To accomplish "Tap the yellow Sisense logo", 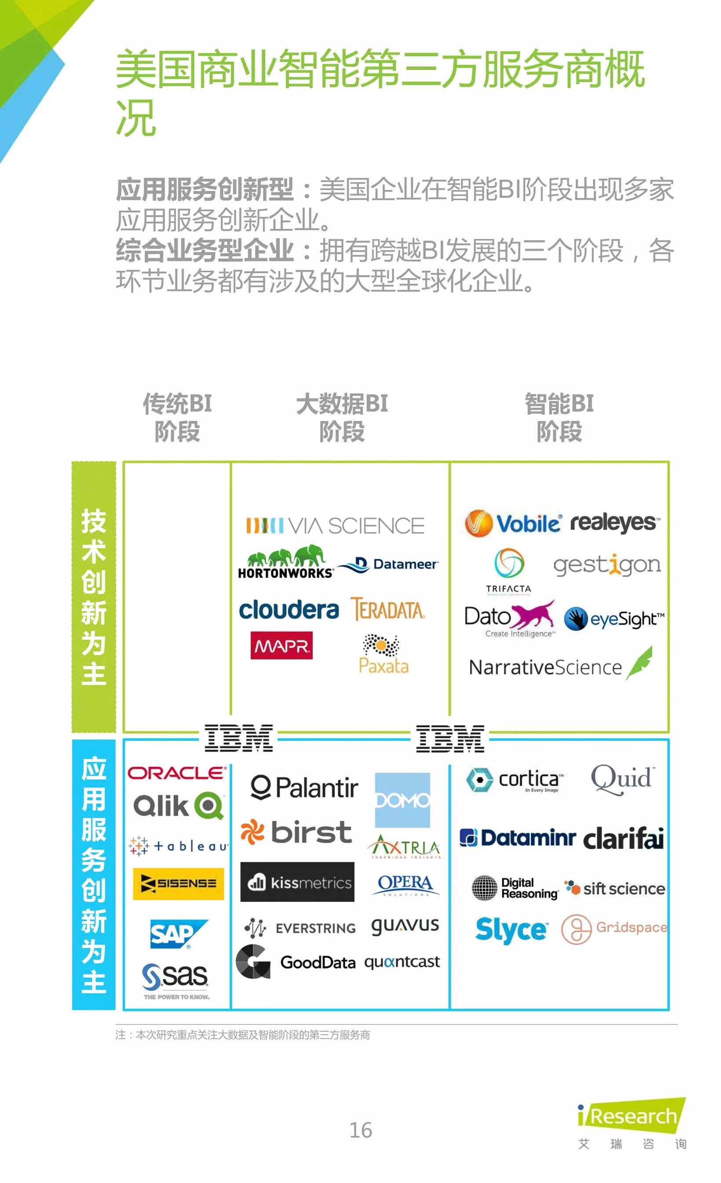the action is click(178, 883).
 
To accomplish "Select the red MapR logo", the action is click(281, 645).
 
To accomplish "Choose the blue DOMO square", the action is click(402, 800).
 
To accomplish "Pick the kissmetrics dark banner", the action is click(297, 882).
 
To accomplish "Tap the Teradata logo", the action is click(388, 609).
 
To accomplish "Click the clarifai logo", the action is click(623, 838).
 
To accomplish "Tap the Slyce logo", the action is click(511, 930).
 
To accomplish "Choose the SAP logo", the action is click(178, 934).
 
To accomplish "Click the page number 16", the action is click(361, 1130).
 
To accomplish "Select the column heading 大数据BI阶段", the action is click(342, 417).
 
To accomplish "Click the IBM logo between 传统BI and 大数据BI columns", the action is click(238, 738).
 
